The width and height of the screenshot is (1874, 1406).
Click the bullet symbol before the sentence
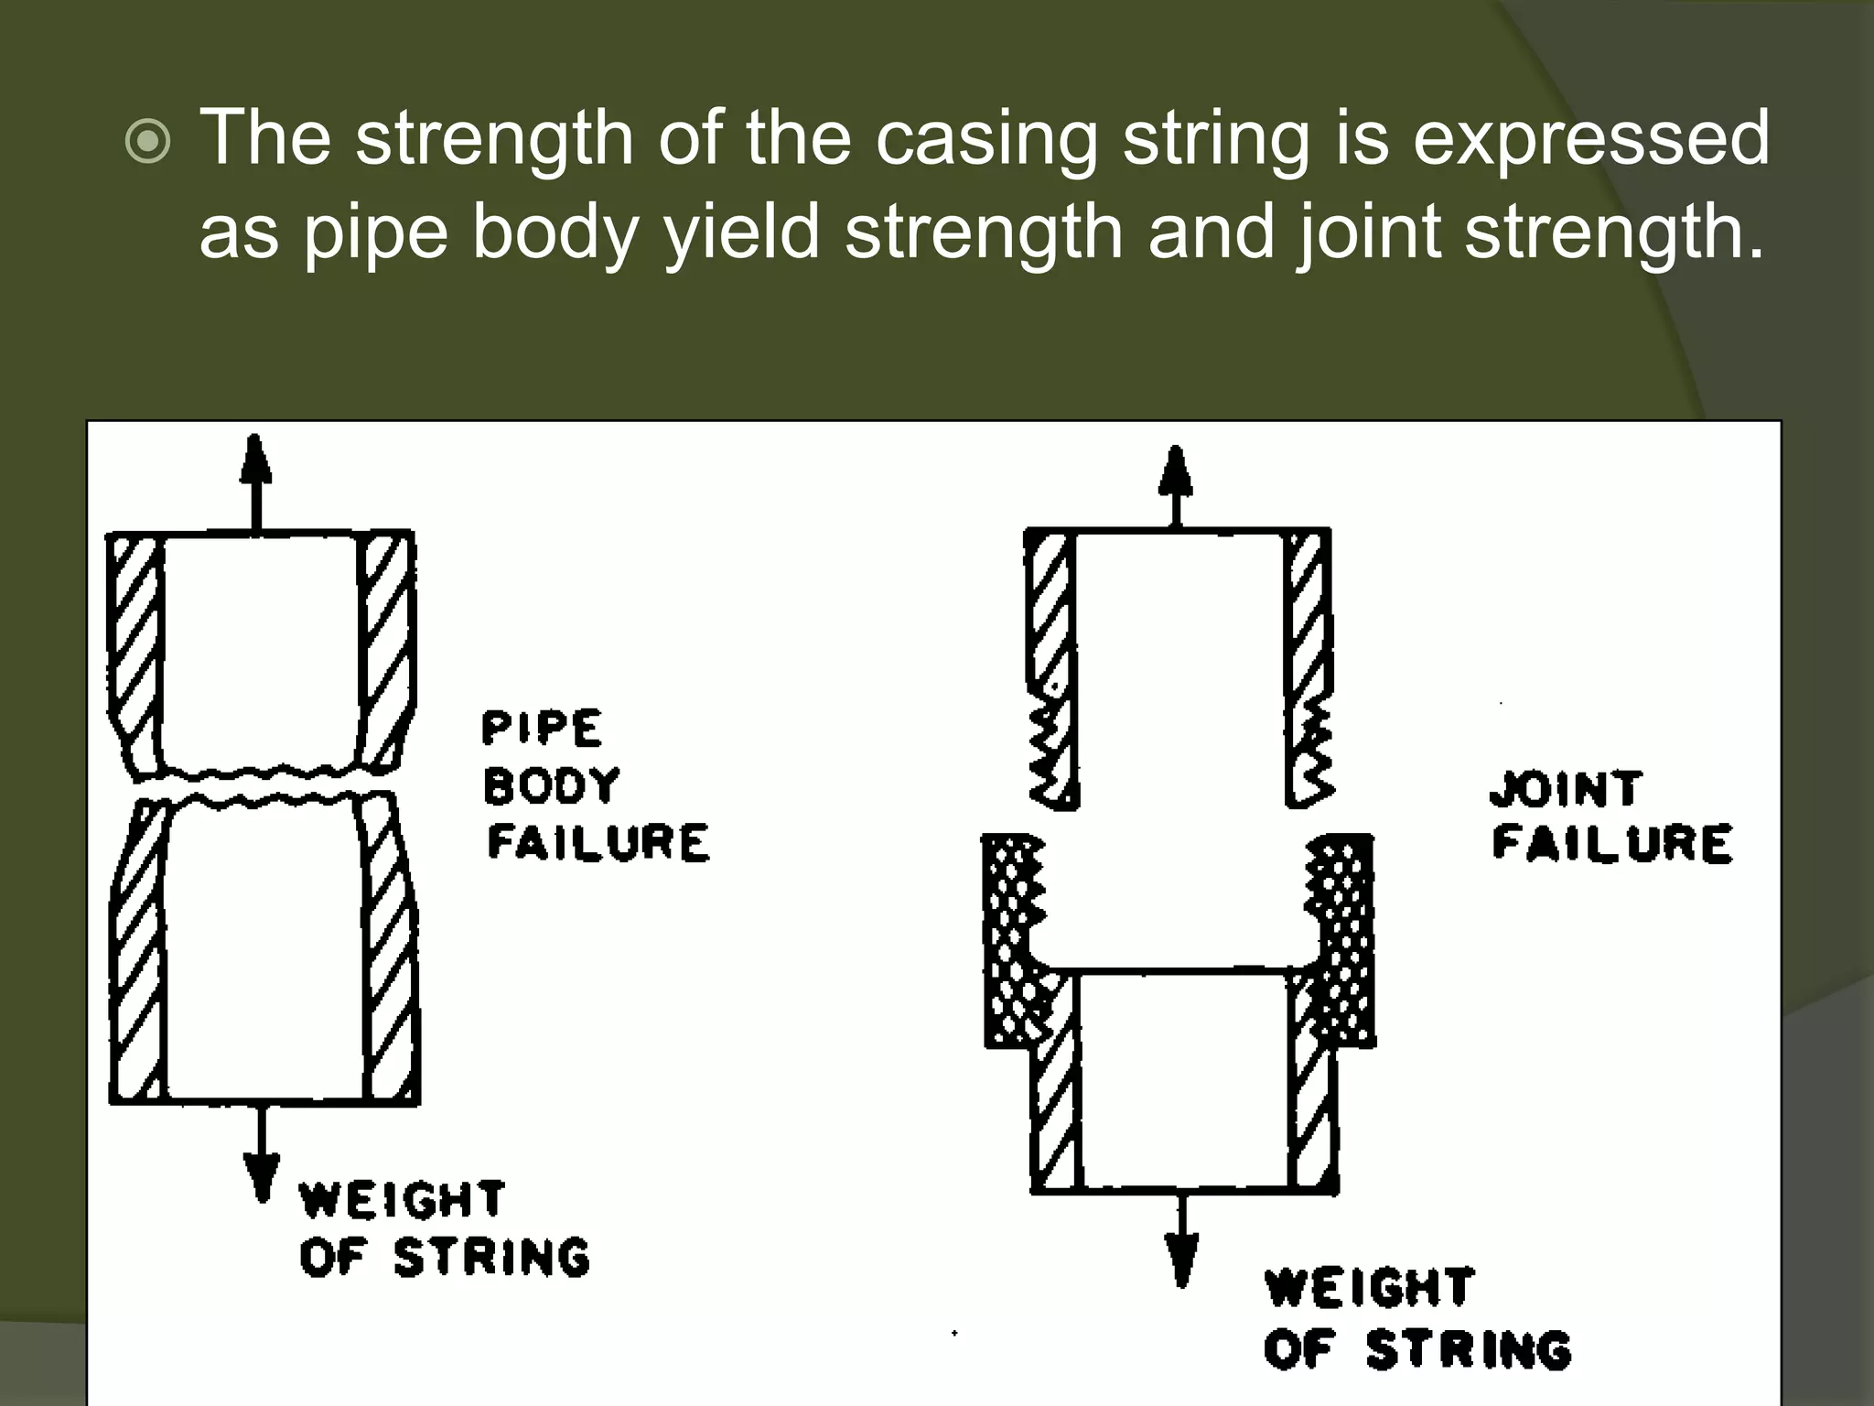(x=148, y=144)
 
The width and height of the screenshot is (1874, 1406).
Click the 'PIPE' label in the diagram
(x=542, y=730)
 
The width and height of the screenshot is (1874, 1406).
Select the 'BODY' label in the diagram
(x=552, y=786)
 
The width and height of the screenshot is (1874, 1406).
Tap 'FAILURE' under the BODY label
(x=598, y=843)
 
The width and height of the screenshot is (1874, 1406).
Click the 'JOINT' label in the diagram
(x=1566, y=789)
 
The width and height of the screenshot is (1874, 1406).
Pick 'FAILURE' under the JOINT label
(x=1612, y=843)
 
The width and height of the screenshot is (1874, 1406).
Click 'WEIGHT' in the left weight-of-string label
(x=402, y=1199)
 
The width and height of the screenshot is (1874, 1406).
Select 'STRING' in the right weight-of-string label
(x=1469, y=1349)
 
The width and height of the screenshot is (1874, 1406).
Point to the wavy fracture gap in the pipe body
(x=261, y=788)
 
